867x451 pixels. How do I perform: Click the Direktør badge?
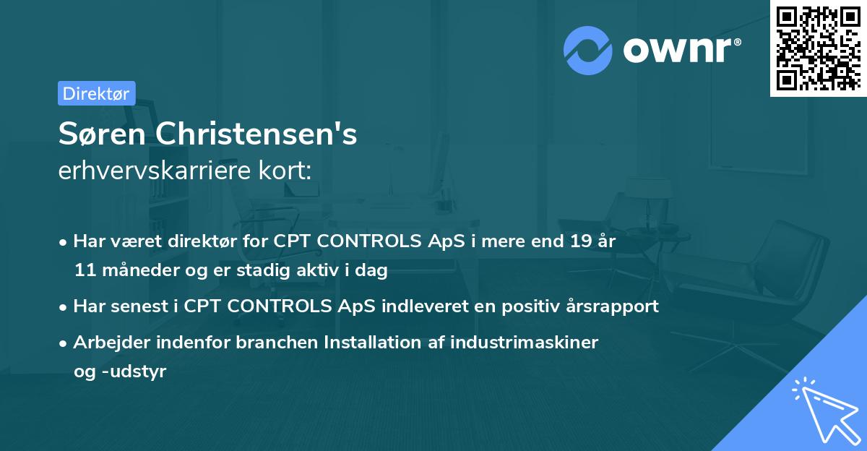point(96,93)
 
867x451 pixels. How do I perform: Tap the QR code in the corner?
point(818,48)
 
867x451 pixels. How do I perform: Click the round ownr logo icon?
point(588,51)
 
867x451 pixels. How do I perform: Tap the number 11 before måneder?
point(83,271)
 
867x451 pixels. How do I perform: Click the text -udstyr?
point(129,371)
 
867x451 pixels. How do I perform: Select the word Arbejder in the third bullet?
point(108,343)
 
